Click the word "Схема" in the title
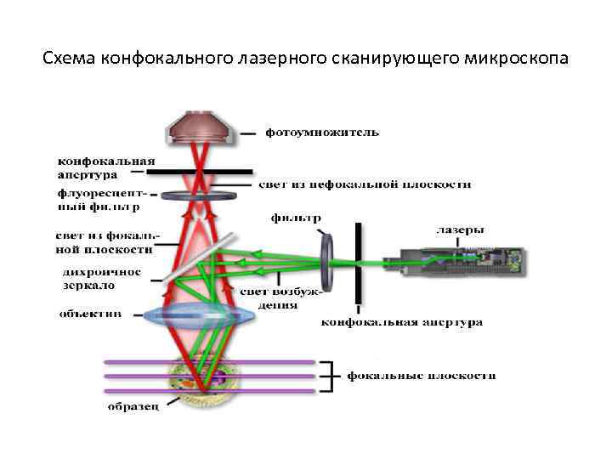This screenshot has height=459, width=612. point(69,59)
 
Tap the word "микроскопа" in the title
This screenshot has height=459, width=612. point(516,59)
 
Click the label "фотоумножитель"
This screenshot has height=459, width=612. point(322,133)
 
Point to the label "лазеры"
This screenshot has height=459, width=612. point(460,229)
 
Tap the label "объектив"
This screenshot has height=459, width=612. point(90,314)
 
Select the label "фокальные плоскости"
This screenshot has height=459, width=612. point(422,375)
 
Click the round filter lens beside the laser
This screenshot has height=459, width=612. point(327,259)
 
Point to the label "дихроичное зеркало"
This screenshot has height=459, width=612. point(101,279)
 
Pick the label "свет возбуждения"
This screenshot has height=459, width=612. point(269,297)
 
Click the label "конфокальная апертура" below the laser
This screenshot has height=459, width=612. point(402,322)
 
